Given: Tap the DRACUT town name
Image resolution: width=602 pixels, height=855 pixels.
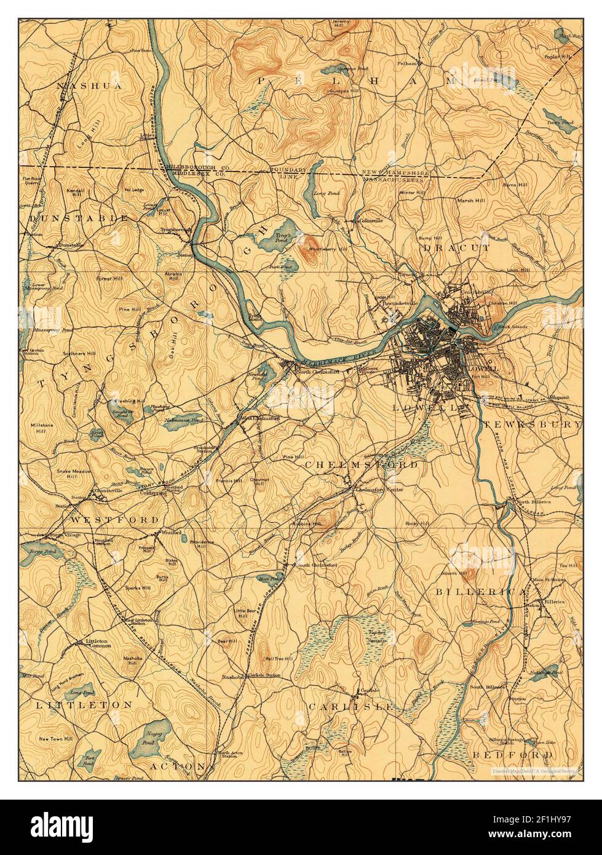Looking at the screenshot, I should coord(456,248).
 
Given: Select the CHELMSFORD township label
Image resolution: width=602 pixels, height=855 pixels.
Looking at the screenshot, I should coord(362,464).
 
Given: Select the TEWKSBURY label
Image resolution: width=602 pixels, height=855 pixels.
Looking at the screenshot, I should coord(531,425).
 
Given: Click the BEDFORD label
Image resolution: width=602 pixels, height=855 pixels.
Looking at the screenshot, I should coord(513,754).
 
